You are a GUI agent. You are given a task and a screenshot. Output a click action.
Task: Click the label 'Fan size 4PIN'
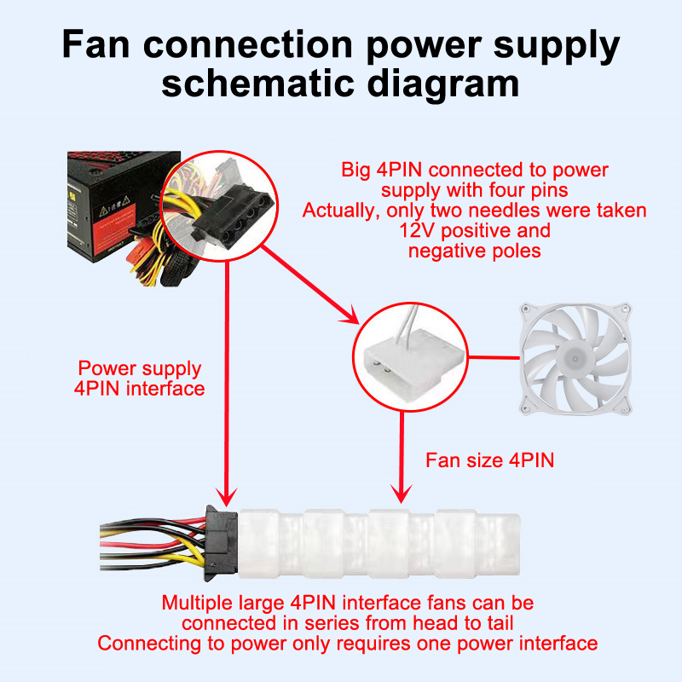pyautogui.click(x=490, y=461)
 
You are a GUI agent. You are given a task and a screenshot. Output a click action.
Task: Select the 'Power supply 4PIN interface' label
pyautogui.click(x=141, y=379)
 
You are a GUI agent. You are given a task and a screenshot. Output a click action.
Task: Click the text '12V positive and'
pyautogui.click(x=475, y=231)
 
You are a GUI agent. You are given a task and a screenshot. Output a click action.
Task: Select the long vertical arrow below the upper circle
pyautogui.click(x=227, y=384)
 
